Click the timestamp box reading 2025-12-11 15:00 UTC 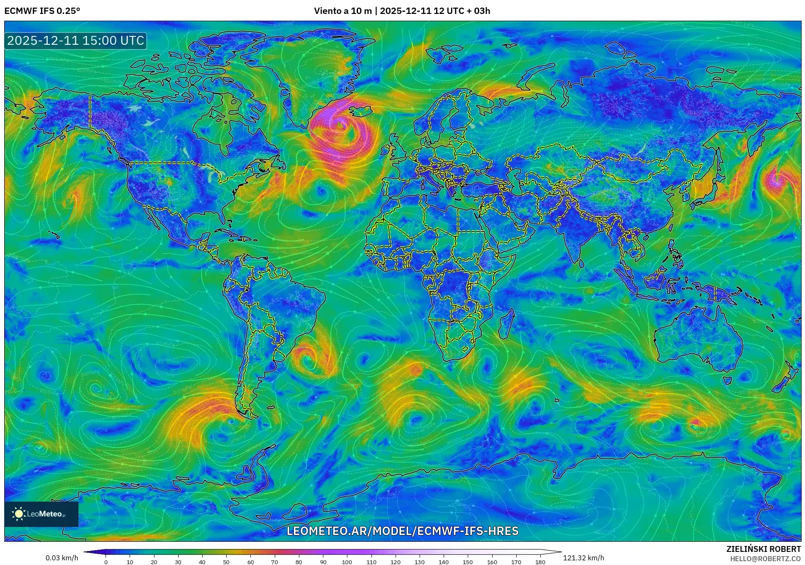76,41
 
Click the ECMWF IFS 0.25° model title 42,11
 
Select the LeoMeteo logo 41,514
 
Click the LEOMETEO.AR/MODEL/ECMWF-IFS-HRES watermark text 402,531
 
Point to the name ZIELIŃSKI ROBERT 763,549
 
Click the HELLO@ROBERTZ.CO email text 765,559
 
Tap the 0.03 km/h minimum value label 62,558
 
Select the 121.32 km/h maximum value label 583,558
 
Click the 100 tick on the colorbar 347,562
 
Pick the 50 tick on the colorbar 226,562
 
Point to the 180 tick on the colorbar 540,562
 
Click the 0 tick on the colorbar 106,562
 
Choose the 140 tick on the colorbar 443,562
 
